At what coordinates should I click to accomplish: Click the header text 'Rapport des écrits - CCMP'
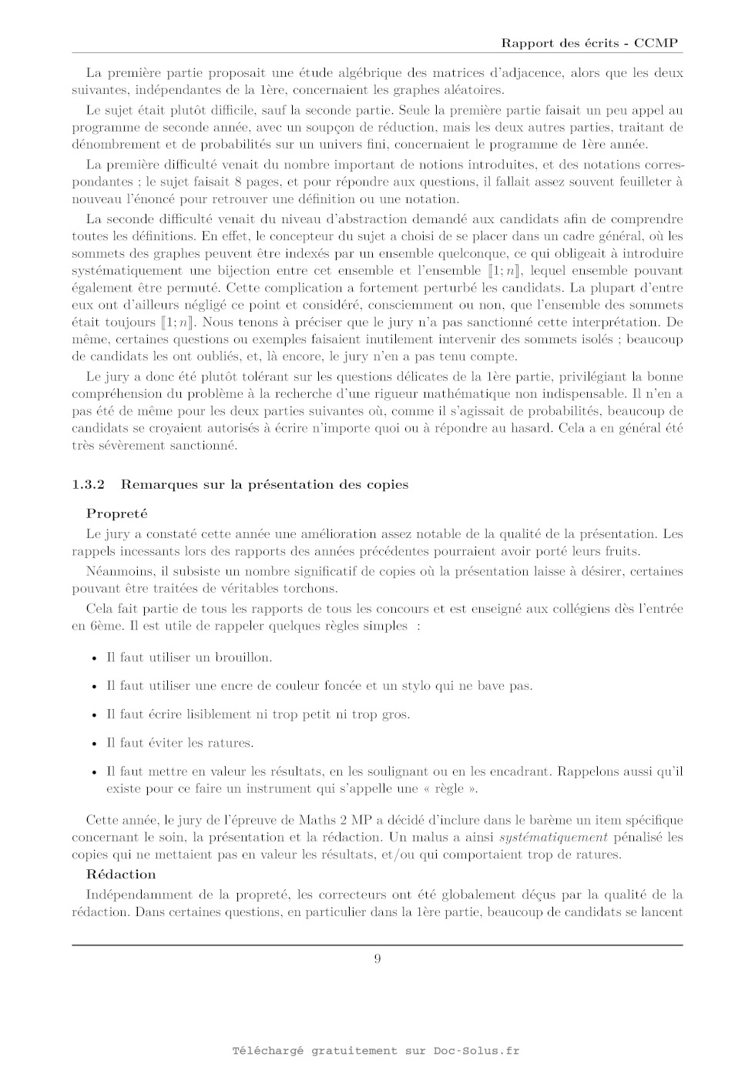589,43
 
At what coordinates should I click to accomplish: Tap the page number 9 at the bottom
377,958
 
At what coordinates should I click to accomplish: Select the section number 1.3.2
88,484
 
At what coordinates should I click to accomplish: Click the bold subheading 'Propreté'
116,513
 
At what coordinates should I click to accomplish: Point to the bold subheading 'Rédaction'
121,875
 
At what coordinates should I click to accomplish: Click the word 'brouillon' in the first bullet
243,657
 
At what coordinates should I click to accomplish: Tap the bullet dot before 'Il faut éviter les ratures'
94,744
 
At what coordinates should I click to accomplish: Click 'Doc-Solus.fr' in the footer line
476,1051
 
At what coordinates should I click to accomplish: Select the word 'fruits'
622,551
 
